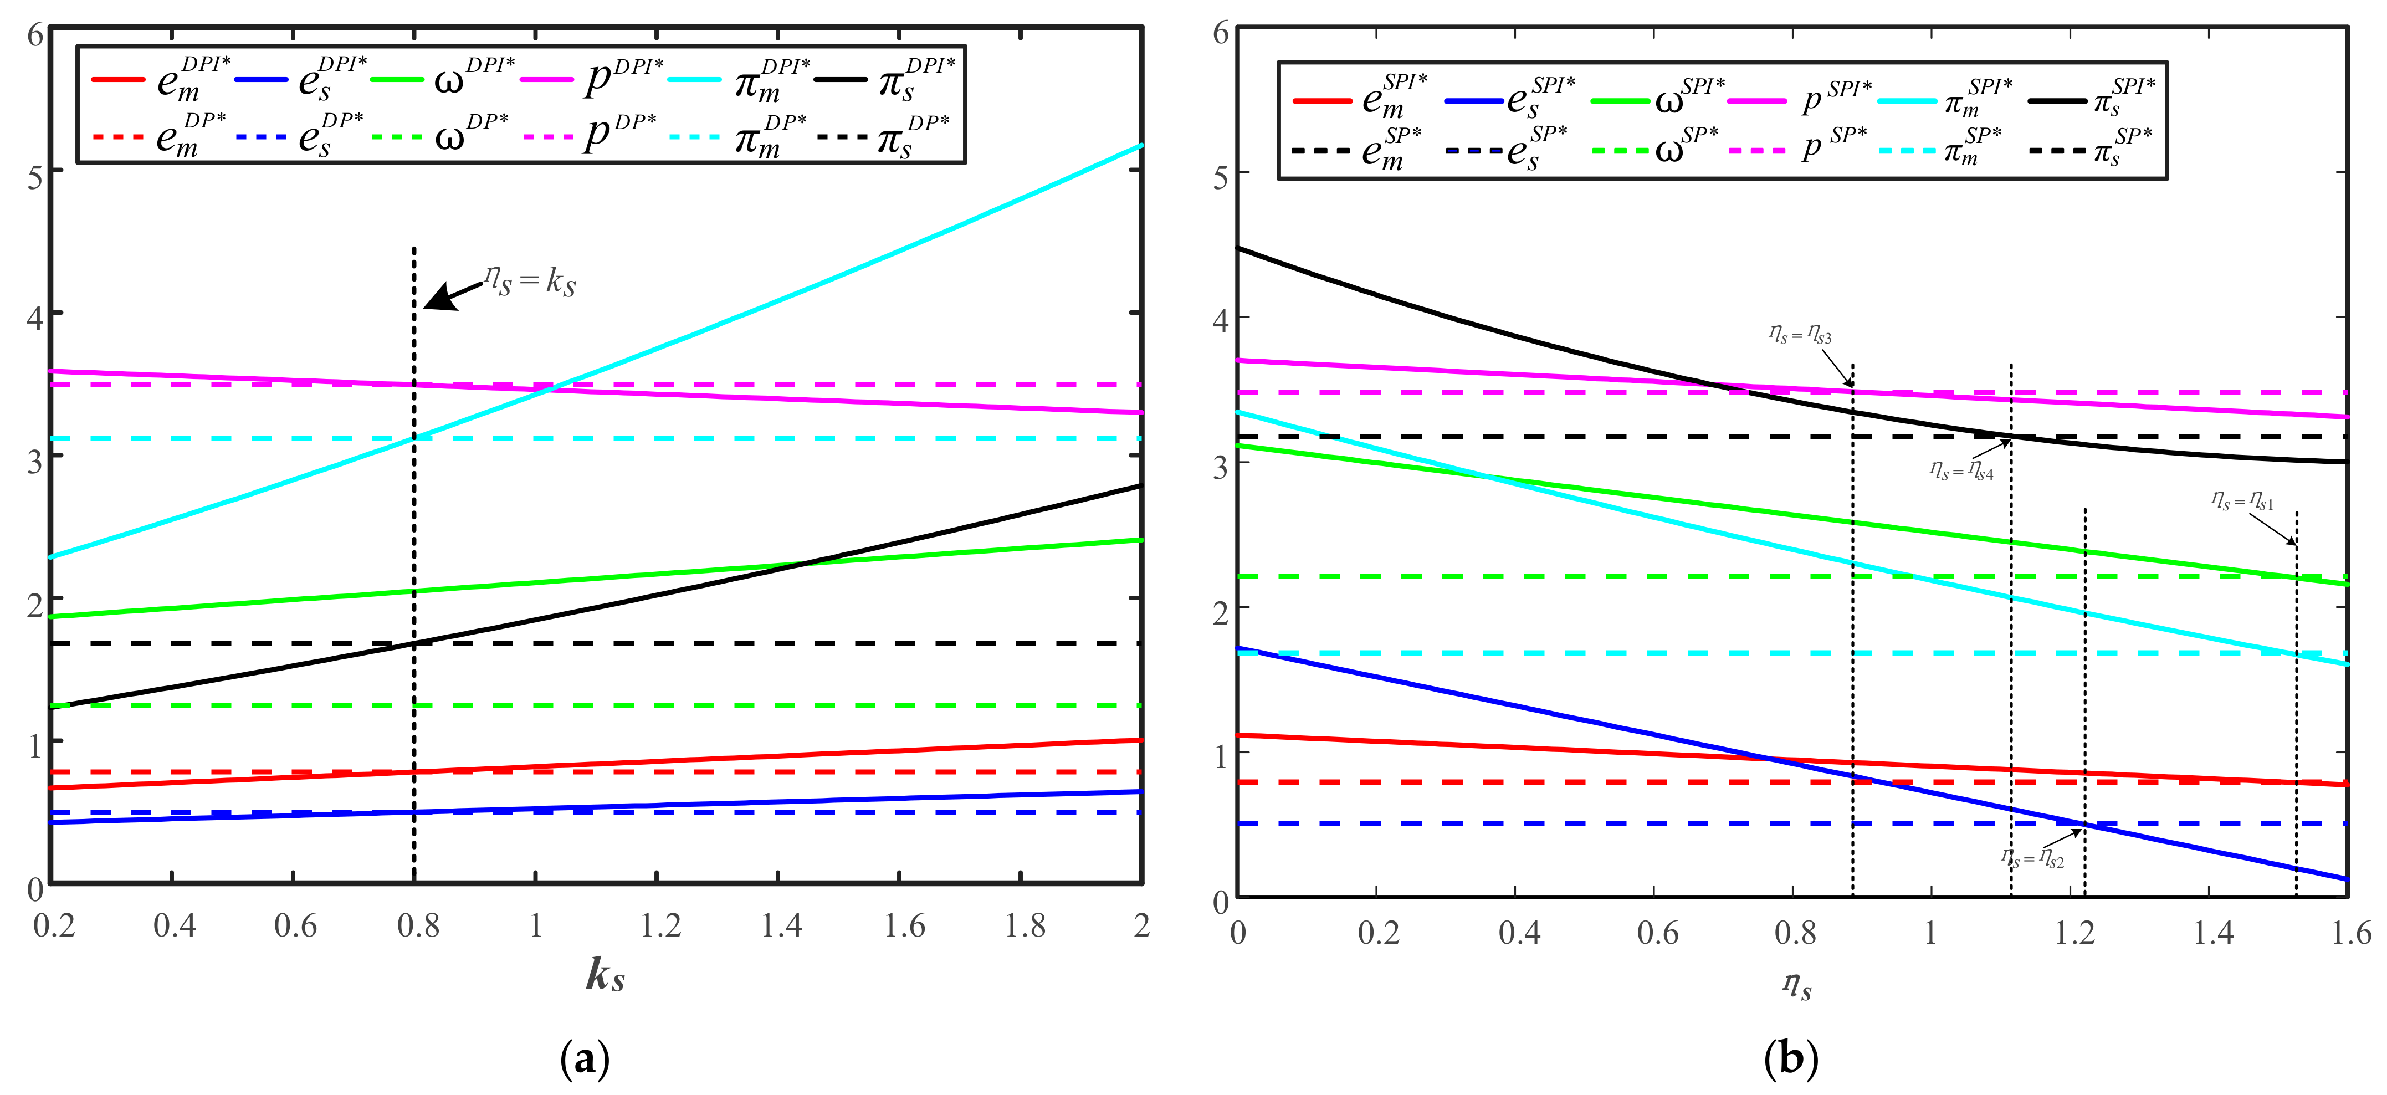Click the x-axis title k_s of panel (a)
(x=605, y=975)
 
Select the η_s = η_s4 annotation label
(x=1961, y=472)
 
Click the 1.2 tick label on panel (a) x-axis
(x=660, y=925)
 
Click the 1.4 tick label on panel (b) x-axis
(x=2213, y=932)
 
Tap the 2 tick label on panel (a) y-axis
(x=35, y=604)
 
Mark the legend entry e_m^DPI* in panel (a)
(x=190, y=80)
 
